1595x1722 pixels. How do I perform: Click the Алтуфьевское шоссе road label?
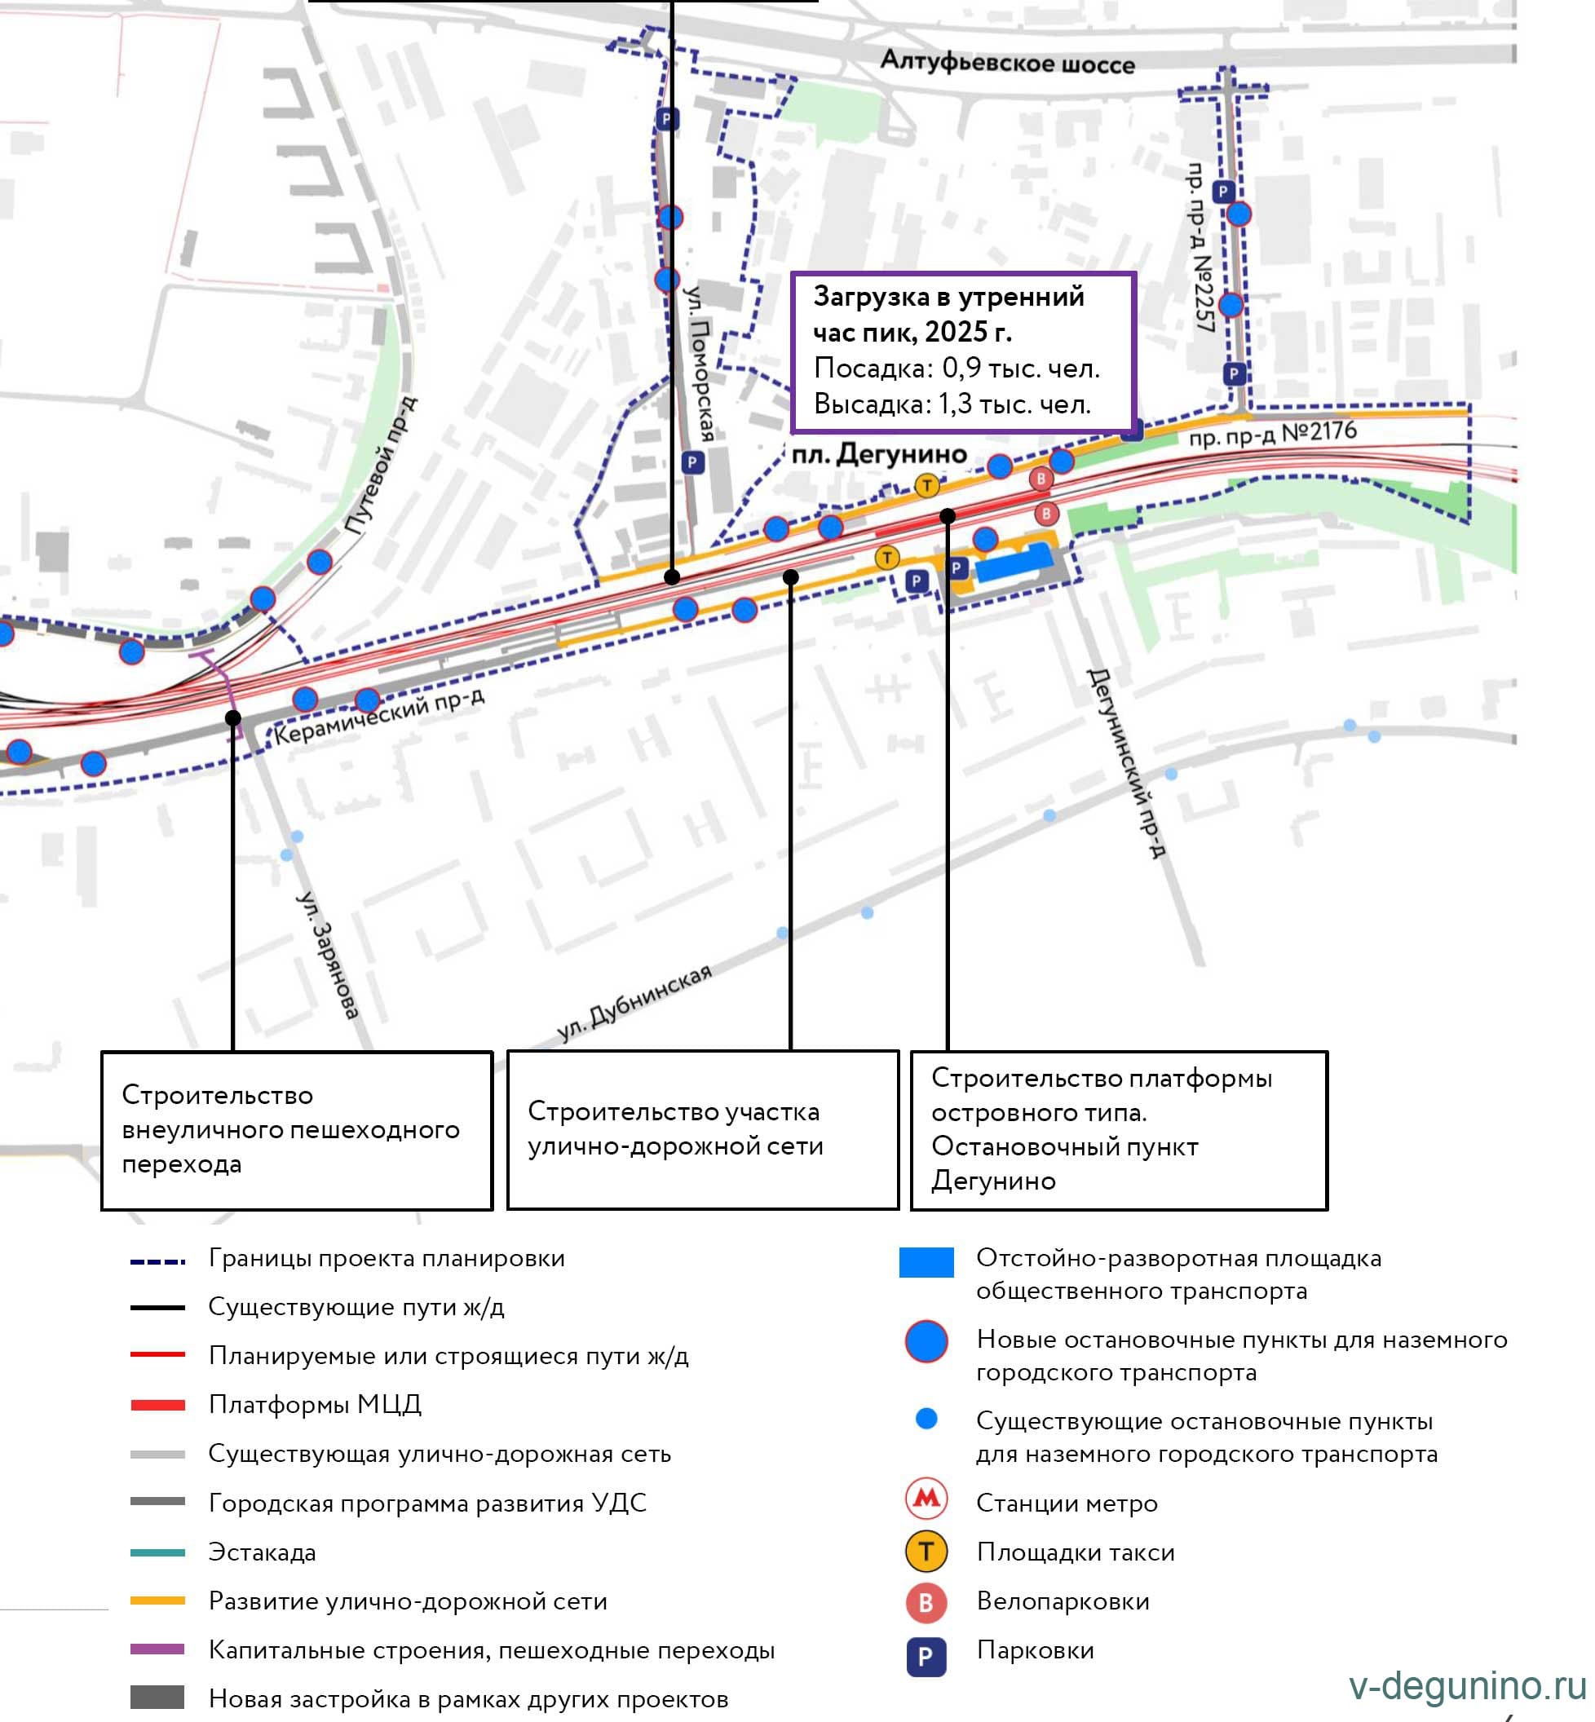(1006, 62)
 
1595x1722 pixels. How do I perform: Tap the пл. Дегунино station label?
(878, 453)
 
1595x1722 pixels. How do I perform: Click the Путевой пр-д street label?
(381, 466)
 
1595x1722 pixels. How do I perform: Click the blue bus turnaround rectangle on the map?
(1015, 562)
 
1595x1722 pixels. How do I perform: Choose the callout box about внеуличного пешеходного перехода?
(297, 1130)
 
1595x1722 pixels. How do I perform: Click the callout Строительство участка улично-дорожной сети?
(703, 1130)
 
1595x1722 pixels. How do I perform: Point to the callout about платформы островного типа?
(1119, 1130)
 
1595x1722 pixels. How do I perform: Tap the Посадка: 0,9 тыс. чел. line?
(957, 369)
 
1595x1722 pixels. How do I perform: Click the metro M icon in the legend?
(926, 1503)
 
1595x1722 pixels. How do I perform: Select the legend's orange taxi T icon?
(926, 1552)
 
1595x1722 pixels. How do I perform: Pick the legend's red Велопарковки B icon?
(926, 1602)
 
